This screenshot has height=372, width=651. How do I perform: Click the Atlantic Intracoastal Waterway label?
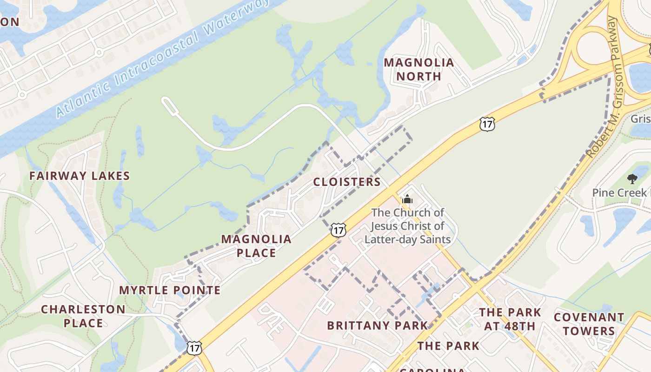[x=163, y=59]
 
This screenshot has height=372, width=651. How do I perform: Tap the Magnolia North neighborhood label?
[x=418, y=69]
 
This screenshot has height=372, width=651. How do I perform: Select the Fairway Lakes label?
[x=80, y=176]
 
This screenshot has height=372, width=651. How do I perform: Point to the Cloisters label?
[x=347, y=182]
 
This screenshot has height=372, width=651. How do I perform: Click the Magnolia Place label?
[x=256, y=246]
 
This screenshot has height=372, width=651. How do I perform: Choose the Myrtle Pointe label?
[x=170, y=290]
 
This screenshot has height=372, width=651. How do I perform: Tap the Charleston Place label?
[x=83, y=316]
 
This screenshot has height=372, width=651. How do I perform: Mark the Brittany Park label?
[x=377, y=325]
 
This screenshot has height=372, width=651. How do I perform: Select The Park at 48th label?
[x=510, y=319]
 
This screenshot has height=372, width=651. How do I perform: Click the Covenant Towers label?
[x=589, y=324]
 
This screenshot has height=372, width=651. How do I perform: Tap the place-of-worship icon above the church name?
[x=407, y=200]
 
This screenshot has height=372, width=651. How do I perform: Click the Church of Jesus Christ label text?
[x=408, y=226]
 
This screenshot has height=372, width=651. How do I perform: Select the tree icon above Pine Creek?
[x=632, y=179]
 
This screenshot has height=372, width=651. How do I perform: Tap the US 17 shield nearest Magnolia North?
[x=487, y=124]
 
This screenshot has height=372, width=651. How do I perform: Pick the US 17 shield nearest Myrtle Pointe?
[x=194, y=347]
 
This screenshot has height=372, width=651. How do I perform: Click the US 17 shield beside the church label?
[x=339, y=229]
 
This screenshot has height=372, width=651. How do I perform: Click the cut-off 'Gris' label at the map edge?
[x=640, y=119]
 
